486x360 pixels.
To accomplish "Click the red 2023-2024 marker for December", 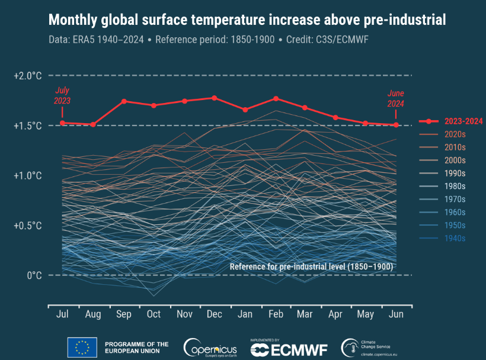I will pos(214,98).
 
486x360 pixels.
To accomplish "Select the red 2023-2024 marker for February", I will pos(276,98).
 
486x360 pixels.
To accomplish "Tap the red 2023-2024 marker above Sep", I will pos(124,101).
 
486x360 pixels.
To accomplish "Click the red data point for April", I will pos(335,117).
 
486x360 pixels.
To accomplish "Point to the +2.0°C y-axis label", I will pos(28,76).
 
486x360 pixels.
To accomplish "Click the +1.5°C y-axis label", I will pos(28,126).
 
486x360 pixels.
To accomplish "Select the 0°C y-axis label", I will pos(33,275).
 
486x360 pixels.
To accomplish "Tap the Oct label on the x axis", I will pos(154,314).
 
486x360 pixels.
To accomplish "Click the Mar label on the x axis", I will pos(305,314).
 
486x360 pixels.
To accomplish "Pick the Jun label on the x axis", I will pos(396,314).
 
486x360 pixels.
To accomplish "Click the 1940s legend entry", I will pos(455,239).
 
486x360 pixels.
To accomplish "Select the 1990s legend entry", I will pos(455,173).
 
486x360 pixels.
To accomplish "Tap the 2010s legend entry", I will pos(455,147).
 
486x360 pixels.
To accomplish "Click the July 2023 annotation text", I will pos(62,96).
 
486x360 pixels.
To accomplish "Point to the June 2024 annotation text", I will pos(395,98).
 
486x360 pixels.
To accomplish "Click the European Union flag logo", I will pos(82,347).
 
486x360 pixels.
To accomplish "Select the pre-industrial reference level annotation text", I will pos(311,266).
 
